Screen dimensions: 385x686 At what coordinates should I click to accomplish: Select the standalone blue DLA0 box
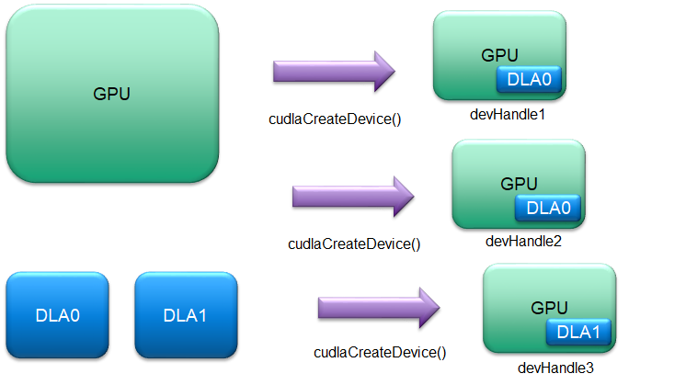click(x=58, y=315)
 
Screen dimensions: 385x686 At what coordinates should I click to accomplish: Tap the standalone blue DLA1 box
click(x=186, y=315)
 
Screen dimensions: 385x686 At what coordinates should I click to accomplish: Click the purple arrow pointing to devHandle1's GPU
click(x=333, y=71)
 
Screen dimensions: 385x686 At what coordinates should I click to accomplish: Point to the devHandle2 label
click(x=520, y=242)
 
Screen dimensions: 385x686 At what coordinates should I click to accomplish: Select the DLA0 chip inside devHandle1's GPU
click(x=529, y=80)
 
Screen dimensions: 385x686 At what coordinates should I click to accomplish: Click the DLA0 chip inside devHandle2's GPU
click(x=548, y=208)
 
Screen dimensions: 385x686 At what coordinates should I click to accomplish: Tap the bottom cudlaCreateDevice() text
click(x=380, y=352)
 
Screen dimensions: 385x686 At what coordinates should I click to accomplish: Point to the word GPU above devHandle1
click(x=500, y=55)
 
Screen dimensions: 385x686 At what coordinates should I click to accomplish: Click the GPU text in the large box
click(x=112, y=94)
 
